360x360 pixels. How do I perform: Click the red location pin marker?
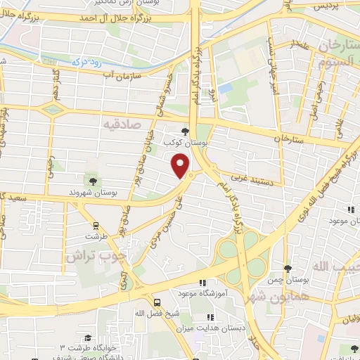pyautogui.click(x=181, y=165)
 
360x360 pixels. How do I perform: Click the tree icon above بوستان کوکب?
pyautogui.click(x=185, y=131)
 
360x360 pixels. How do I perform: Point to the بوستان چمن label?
pyautogui.click(x=287, y=280)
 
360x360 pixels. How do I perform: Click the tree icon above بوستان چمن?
pyautogui.click(x=287, y=268)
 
